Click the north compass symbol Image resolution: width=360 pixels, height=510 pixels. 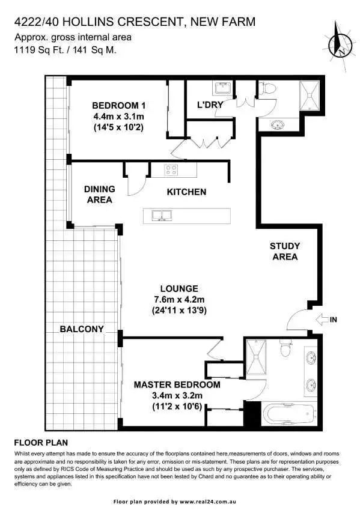(341, 39)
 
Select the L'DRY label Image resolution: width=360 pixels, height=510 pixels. (210, 105)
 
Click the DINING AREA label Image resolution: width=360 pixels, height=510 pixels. (100, 194)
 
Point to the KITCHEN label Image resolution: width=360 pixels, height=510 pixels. (186, 192)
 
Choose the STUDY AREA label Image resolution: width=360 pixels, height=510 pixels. (284, 251)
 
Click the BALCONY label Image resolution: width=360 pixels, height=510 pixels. (82, 329)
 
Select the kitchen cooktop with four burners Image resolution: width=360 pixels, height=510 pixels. (171, 170)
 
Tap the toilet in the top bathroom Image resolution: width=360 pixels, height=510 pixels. (269, 89)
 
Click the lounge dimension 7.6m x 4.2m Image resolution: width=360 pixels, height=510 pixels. (175, 300)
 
